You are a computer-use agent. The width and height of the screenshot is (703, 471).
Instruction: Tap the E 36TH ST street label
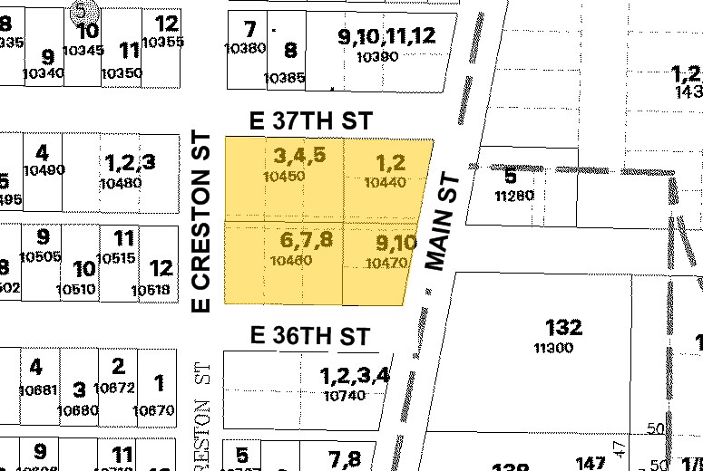[x=310, y=336]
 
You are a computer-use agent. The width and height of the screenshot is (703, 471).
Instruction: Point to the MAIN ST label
[x=444, y=223]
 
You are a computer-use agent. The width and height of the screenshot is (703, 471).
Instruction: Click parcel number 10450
[x=283, y=177]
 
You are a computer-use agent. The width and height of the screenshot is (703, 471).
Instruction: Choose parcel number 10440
[x=384, y=182]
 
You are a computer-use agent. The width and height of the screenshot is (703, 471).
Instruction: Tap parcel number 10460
[x=291, y=261]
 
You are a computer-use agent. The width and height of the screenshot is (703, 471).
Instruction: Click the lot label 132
[x=563, y=327]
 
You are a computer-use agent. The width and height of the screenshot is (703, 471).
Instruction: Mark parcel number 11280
[x=513, y=195]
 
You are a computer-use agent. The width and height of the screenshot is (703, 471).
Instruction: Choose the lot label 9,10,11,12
[x=386, y=36]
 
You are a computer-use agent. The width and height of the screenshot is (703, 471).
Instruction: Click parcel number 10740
[x=344, y=396]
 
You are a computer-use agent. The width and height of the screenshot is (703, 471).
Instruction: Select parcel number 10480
[x=121, y=182]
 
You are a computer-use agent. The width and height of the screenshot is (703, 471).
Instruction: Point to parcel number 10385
[x=284, y=78]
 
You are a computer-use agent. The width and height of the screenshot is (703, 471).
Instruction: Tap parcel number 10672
[x=114, y=388]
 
